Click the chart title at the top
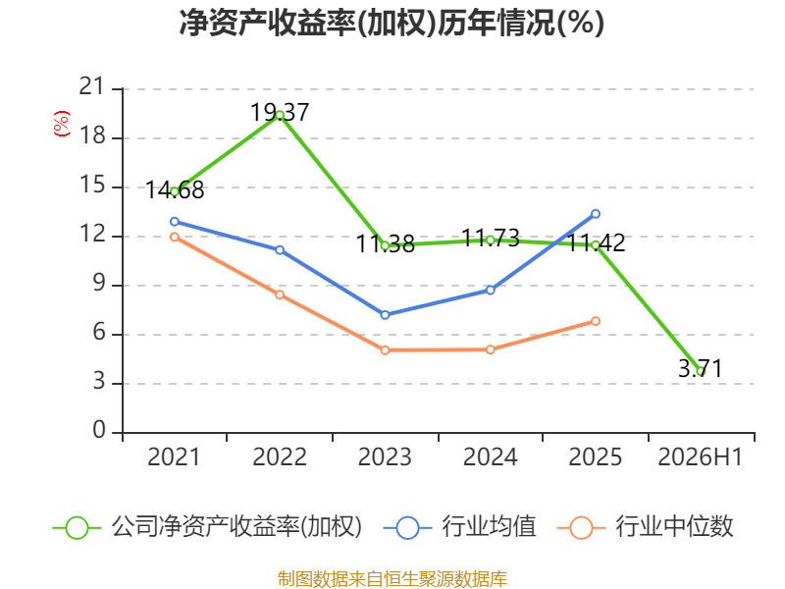[x=392, y=23]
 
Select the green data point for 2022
[x=280, y=115]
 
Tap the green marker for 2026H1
[x=701, y=371]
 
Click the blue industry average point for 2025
[x=596, y=214]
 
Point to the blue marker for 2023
[x=385, y=315]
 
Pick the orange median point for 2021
[x=175, y=237]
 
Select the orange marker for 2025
[x=596, y=321]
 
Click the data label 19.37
[x=280, y=112]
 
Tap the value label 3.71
[x=701, y=369]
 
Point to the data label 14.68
[x=175, y=190]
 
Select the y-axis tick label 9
[x=99, y=284]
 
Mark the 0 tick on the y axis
[x=99, y=430]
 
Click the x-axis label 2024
[x=490, y=457]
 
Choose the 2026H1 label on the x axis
[x=700, y=457]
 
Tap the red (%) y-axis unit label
[x=62, y=124]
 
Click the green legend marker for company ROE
[x=77, y=528]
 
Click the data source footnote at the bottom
[x=392, y=579]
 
